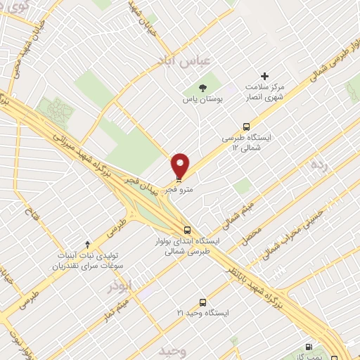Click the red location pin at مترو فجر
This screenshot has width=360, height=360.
coord(181,166)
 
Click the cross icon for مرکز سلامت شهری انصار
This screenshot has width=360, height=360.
coord(264,76)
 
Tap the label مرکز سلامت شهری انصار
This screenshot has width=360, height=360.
coord(264,91)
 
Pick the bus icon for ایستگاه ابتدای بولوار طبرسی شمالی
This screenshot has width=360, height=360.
coord(187,229)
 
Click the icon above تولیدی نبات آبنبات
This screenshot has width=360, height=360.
coord(87,244)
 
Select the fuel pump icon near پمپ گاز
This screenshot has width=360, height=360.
coord(309,346)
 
